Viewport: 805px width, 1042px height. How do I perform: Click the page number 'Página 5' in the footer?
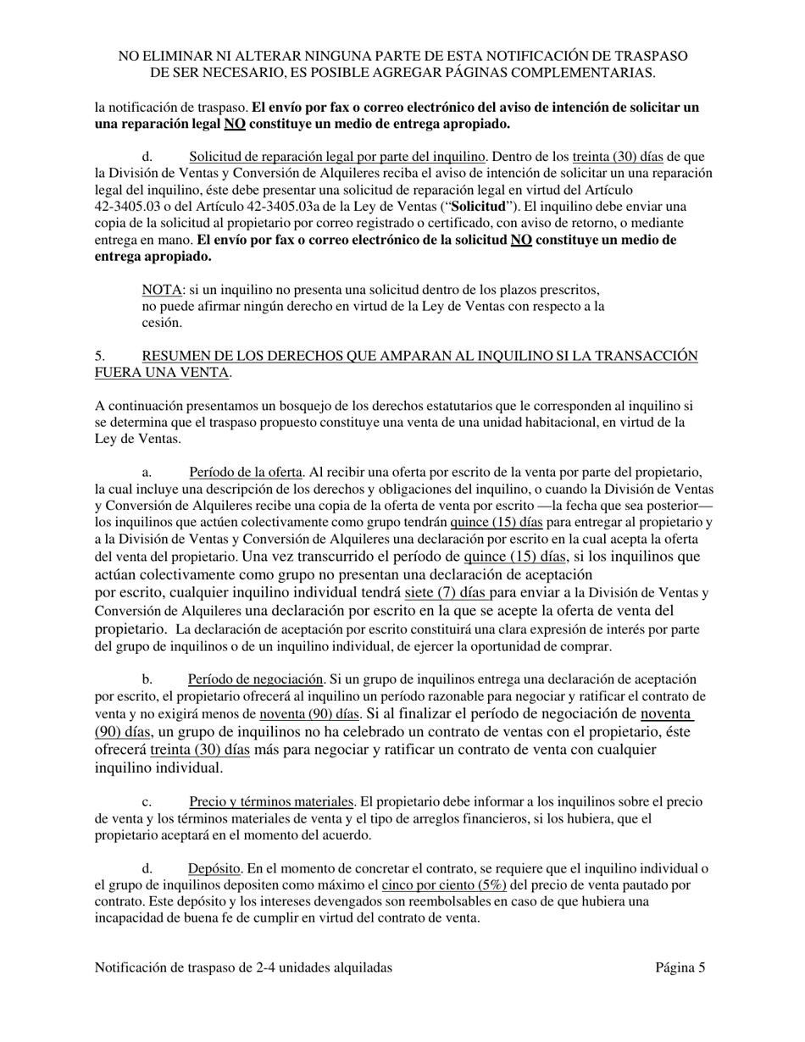680,967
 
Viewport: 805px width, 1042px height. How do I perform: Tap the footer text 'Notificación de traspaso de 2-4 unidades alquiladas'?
243,967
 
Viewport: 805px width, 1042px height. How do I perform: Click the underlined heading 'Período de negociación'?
255,679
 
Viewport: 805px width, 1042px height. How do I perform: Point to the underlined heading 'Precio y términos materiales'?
271,801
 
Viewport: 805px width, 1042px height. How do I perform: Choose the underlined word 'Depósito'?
215,868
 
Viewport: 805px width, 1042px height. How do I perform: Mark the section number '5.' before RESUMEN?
100,356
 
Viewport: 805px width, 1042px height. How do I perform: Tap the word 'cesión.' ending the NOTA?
163,323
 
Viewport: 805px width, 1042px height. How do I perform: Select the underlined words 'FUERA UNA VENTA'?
161,373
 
